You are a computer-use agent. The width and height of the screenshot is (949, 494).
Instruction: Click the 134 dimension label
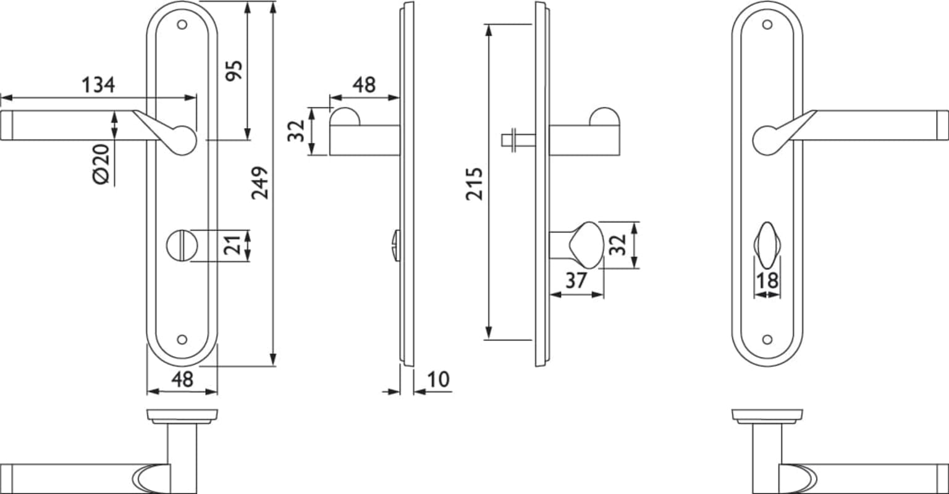(x=98, y=85)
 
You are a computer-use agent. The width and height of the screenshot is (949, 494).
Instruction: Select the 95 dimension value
(x=234, y=70)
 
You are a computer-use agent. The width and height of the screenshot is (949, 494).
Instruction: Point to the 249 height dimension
(x=259, y=183)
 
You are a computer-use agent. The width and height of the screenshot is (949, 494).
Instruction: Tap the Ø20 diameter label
(x=101, y=164)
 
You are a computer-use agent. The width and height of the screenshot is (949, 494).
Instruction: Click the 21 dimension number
(x=232, y=245)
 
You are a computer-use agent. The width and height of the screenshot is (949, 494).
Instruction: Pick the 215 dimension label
(x=474, y=184)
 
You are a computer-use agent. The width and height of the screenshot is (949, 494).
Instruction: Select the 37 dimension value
(x=576, y=280)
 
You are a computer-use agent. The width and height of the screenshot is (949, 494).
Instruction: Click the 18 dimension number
(x=767, y=280)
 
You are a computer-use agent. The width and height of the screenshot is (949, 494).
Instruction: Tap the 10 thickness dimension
(x=438, y=379)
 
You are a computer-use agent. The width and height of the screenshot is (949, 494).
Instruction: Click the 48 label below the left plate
(x=182, y=379)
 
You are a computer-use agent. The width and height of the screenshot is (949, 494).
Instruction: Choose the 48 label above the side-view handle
(x=364, y=85)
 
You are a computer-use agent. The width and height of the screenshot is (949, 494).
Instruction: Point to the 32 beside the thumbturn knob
(x=617, y=245)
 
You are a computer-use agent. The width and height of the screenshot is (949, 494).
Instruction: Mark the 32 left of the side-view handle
(x=296, y=131)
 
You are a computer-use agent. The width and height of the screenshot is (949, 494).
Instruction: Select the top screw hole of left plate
(x=182, y=25)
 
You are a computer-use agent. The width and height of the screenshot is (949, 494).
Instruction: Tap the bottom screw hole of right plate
(x=767, y=340)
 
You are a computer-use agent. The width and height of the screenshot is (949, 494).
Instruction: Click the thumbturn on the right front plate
(x=767, y=246)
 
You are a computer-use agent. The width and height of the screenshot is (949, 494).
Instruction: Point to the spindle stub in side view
(x=518, y=140)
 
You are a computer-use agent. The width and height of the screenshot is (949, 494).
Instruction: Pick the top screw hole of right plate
(x=767, y=25)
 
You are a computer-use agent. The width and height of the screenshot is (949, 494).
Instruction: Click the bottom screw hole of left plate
(x=182, y=340)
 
